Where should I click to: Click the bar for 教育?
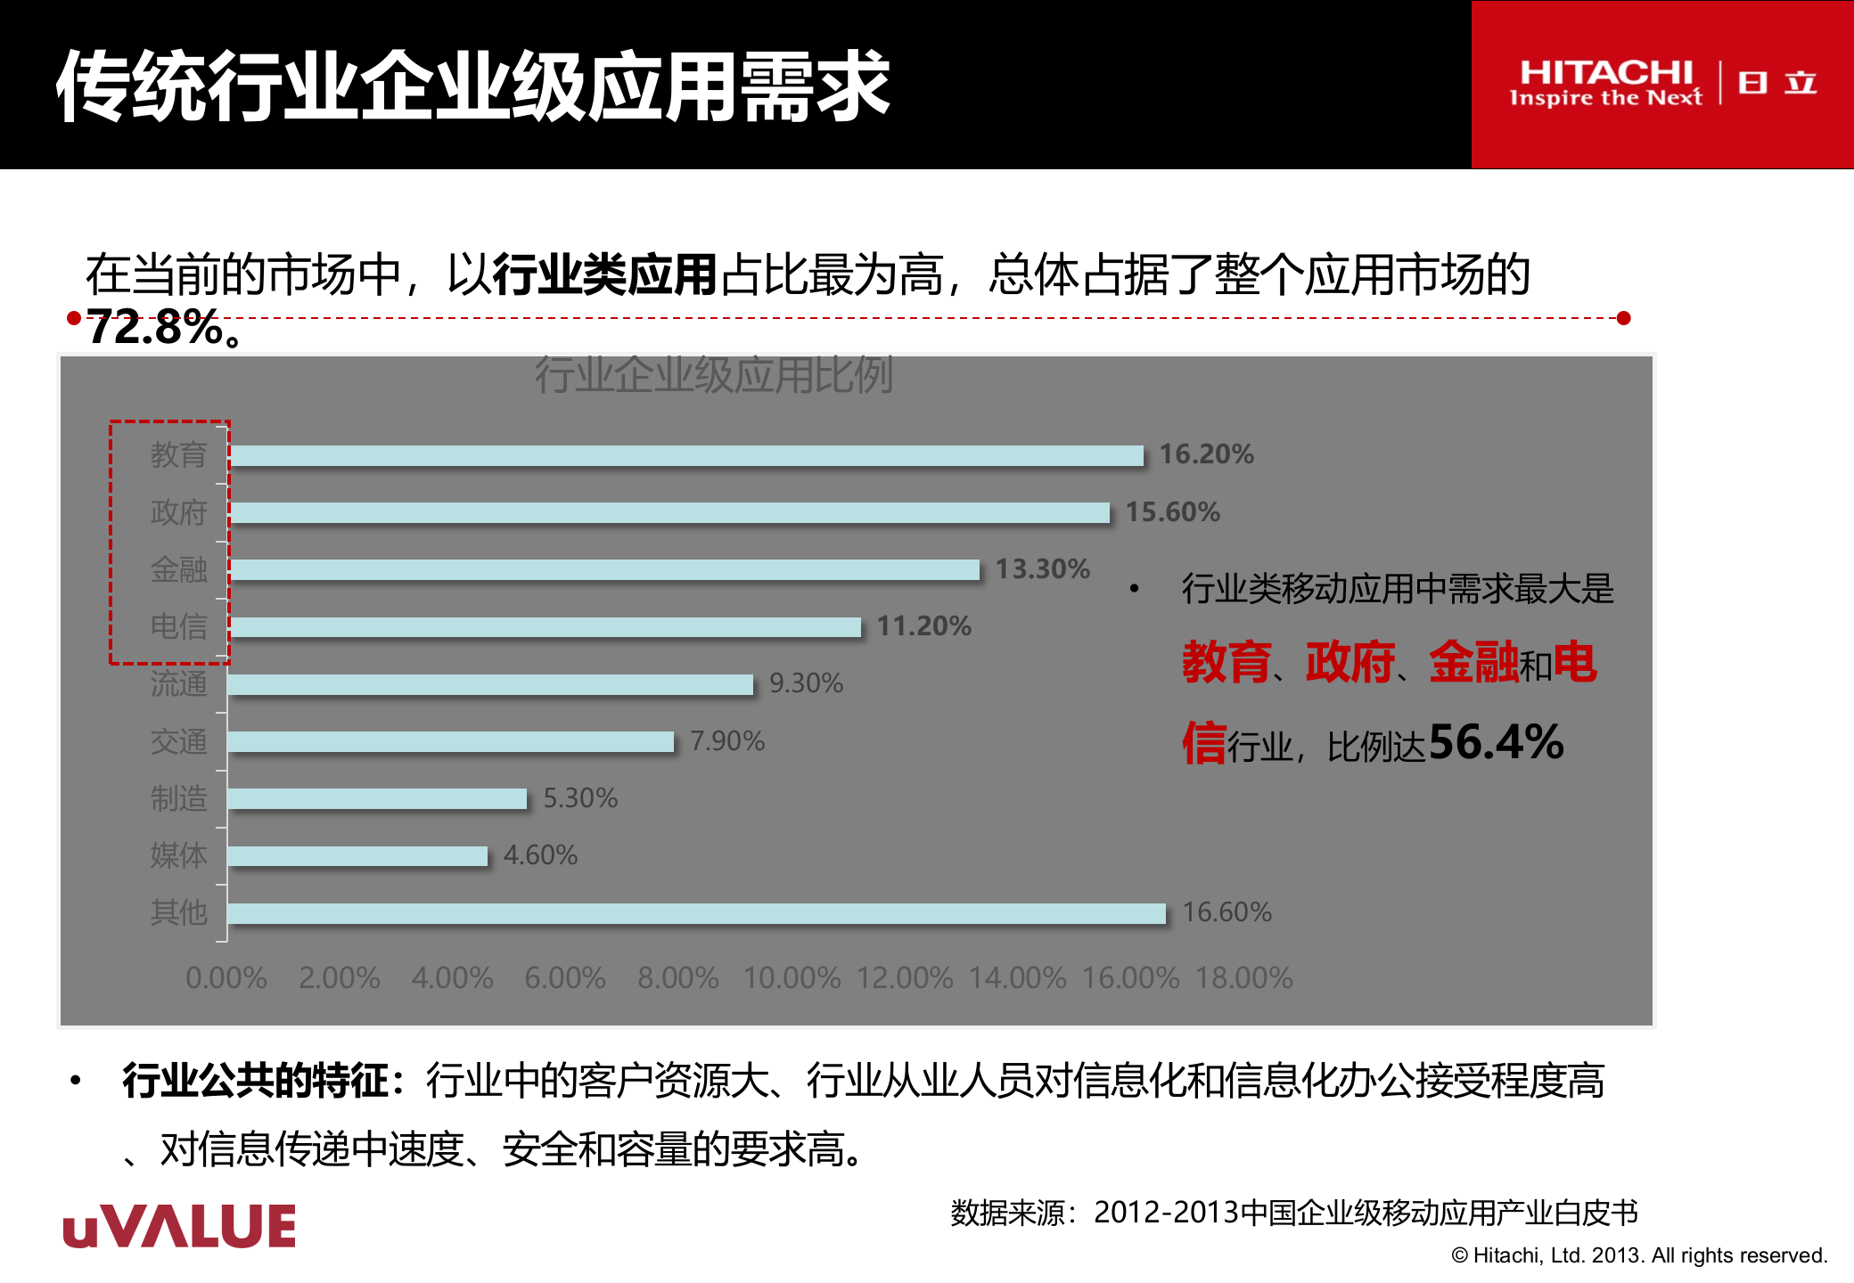point(685,455)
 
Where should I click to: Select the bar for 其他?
point(696,913)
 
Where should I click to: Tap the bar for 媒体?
point(357,856)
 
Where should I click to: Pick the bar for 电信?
point(545,627)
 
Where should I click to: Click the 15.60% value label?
point(1172,512)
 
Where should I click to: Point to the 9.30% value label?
point(806,683)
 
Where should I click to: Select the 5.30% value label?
point(580,797)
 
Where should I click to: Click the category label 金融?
point(178,569)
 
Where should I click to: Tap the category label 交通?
point(178,741)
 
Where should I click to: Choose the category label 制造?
point(178,798)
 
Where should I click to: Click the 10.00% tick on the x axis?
point(792,978)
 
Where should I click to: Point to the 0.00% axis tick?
point(226,978)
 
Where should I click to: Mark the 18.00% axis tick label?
point(1243,978)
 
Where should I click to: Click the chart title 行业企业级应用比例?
point(714,375)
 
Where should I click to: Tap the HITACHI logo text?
point(1605,73)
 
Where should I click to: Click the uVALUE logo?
point(179,1227)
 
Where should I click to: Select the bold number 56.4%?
point(1497,742)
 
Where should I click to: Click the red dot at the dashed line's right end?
point(1623,318)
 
